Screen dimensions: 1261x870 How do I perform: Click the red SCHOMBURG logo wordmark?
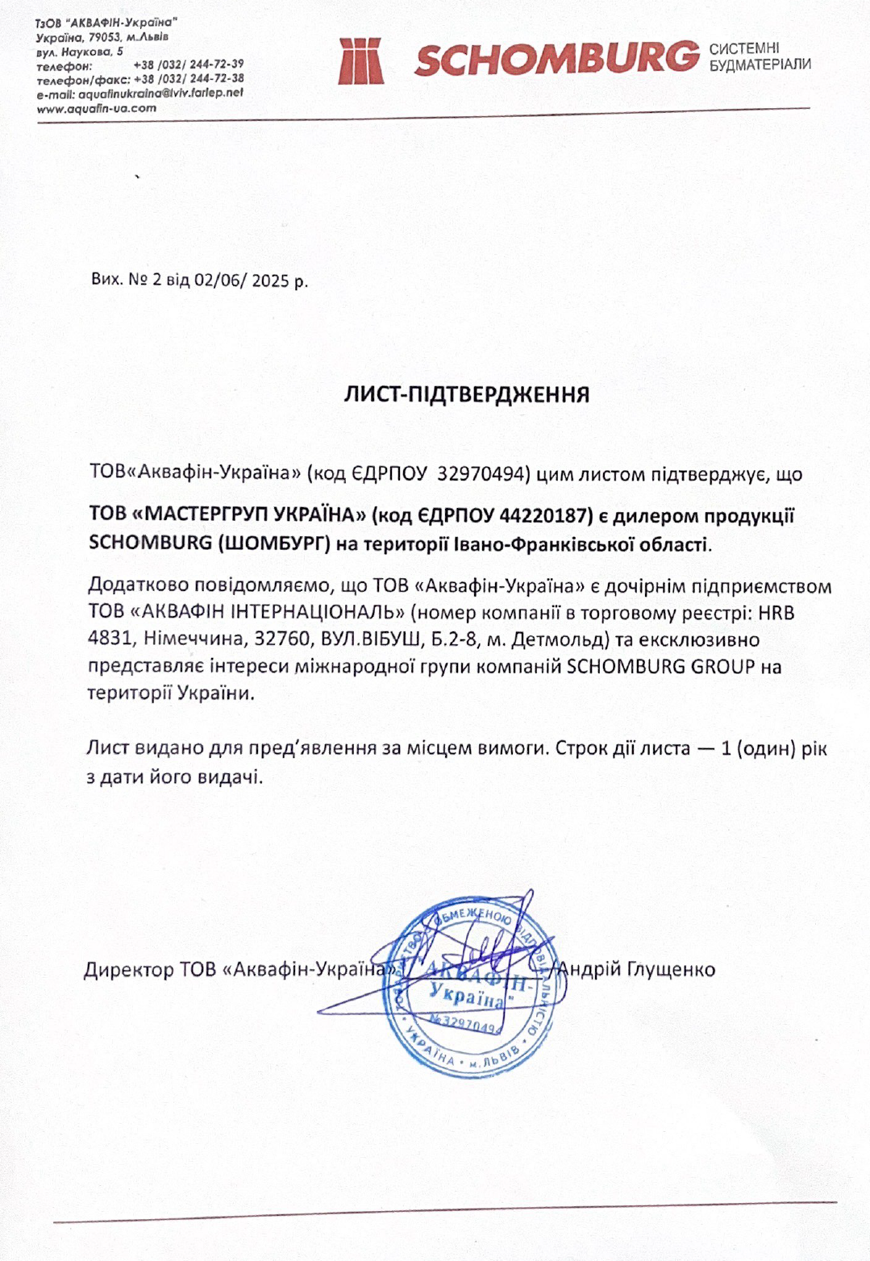click(x=556, y=59)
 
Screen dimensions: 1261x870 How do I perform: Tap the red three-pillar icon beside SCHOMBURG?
click(x=360, y=60)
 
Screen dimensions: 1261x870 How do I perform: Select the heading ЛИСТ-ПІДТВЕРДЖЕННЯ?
click(x=467, y=394)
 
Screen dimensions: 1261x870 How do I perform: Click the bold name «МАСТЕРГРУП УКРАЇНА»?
click(x=248, y=515)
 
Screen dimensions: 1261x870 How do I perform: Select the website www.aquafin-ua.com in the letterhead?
click(x=97, y=108)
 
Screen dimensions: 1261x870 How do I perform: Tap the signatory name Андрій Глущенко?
click(x=636, y=968)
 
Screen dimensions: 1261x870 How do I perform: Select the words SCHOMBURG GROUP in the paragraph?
click(x=661, y=667)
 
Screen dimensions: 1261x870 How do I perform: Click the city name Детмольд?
click(x=562, y=640)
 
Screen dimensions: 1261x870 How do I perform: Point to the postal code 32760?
click(x=281, y=640)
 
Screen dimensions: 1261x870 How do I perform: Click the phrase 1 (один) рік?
click(x=774, y=748)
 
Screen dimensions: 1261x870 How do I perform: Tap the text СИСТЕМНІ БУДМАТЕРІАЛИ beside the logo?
click(x=760, y=56)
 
